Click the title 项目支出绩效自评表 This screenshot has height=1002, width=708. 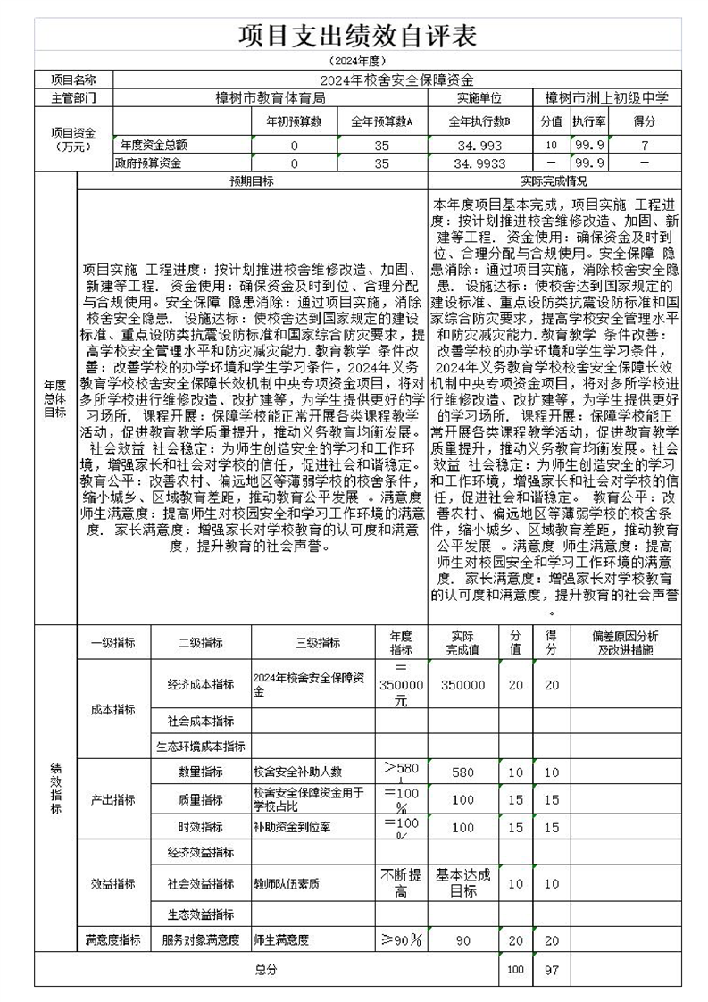coord(357,36)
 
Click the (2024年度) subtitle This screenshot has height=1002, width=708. coord(357,62)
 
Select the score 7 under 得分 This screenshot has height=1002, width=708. coord(644,145)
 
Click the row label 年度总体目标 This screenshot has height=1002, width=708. coord(55,397)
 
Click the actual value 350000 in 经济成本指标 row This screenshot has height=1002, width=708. coord(462,685)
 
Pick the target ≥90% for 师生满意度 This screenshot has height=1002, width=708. coord(401,939)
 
